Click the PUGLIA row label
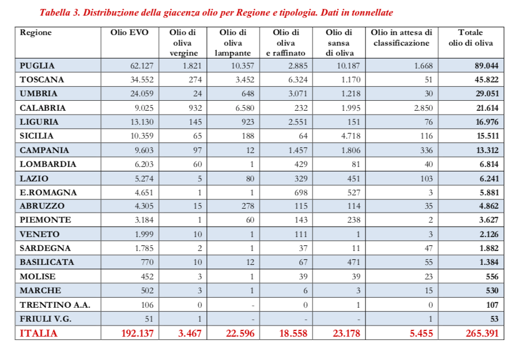[37, 66]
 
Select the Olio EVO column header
[129, 33]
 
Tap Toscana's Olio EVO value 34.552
[141, 80]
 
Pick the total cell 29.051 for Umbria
[486, 94]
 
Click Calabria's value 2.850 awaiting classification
[422, 108]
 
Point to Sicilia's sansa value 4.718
[349, 136]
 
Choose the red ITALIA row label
[38, 333]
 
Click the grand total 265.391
[481, 333]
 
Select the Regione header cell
[36, 33]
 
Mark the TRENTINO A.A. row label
[55, 305]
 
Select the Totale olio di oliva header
[470, 38]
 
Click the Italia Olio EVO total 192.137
[137, 333]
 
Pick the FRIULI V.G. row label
[46, 319]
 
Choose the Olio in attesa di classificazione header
[401, 38]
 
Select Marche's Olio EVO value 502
[146, 290]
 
